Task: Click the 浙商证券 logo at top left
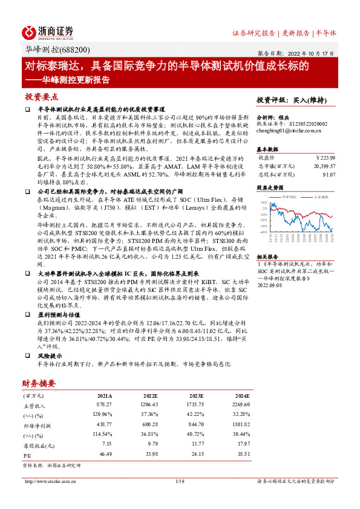pyautogui.click(x=48, y=32)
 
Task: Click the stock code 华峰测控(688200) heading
pyautogui.click(x=58, y=50)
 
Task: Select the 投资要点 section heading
pyautogui.click(x=41, y=96)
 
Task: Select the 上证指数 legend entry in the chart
pyautogui.click(x=321, y=197)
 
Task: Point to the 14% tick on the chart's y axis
pyautogui.click(x=264, y=203)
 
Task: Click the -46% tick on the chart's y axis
pyautogui.click(x=263, y=232)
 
